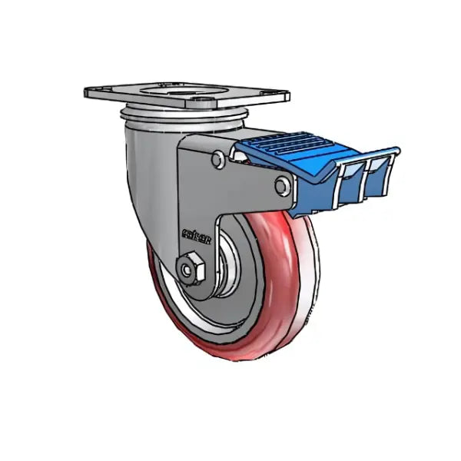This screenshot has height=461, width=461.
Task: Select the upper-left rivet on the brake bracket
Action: point(218,159)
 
